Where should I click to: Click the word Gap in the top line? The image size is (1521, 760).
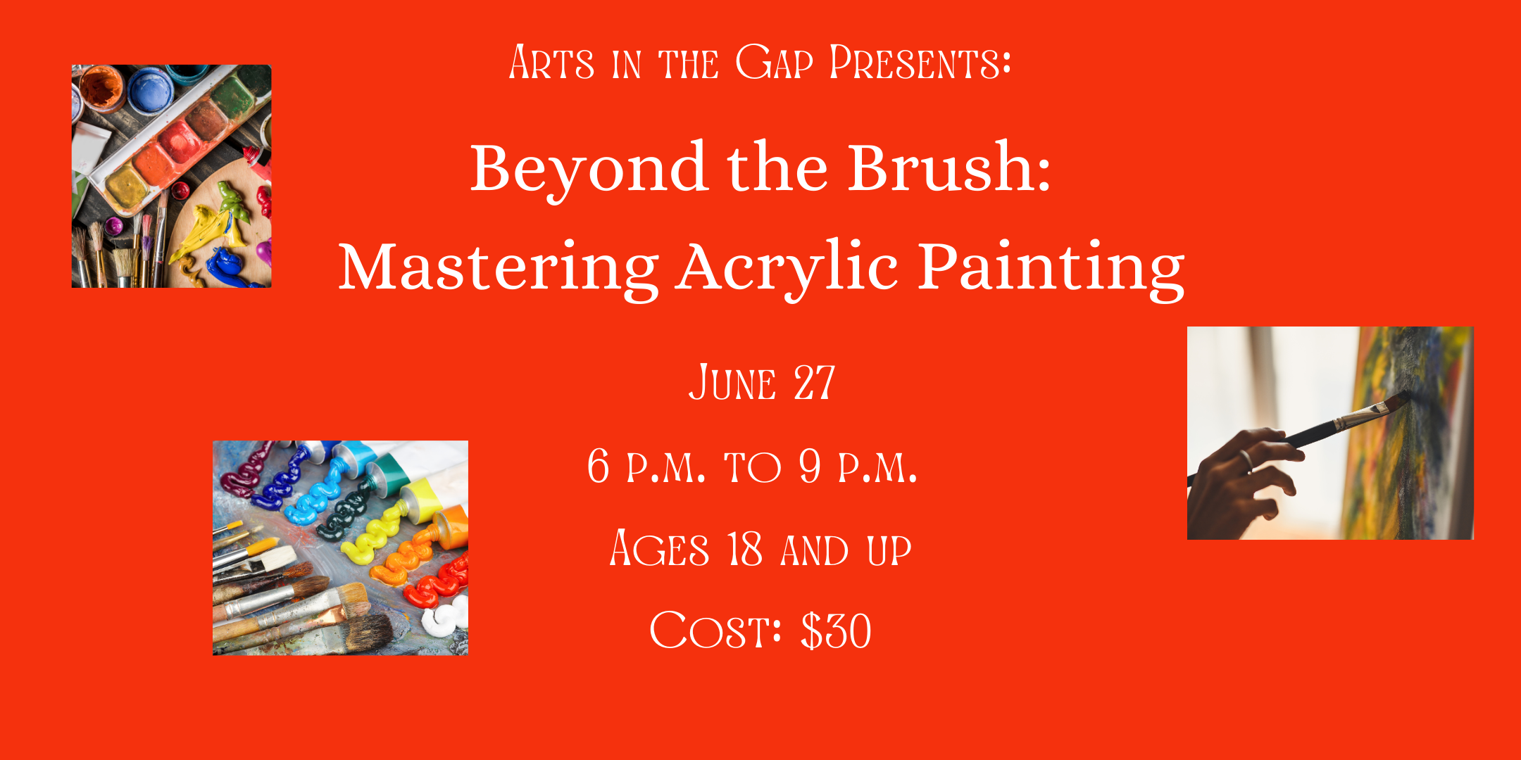point(774,62)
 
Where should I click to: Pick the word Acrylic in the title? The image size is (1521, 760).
point(787,268)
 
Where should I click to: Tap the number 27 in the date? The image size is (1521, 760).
point(815,383)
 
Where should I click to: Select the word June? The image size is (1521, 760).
point(732,383)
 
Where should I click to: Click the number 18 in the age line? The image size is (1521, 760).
point(744,549)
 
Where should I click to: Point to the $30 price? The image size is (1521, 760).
point(837,631)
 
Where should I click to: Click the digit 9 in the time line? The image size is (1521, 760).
point(810,465)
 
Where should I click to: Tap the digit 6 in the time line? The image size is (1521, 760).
point(599,465)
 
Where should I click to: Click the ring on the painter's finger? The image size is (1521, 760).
point(1246,461)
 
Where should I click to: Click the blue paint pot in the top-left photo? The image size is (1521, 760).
point(151,89)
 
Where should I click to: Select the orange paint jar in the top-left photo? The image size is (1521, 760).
point(101,87)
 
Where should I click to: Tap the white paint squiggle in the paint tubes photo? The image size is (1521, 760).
point(445,619)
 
